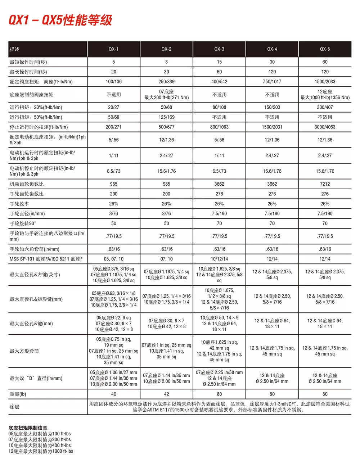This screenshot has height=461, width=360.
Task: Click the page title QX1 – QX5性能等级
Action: pos(60,20)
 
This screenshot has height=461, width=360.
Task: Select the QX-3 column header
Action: pos(219,49)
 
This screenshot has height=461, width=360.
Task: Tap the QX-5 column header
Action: pos(325,49)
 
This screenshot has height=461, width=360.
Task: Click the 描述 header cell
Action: pos(15,49)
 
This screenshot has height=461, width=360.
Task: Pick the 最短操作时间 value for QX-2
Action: pos(166,62)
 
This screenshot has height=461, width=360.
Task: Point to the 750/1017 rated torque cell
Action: pos(272,82)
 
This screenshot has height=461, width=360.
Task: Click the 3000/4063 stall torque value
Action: pos(325,127)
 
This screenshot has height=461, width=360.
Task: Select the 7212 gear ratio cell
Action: pos(325,184)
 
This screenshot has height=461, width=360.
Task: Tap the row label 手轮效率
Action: pos(19,204)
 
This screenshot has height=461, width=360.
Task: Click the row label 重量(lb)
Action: pos(18,394)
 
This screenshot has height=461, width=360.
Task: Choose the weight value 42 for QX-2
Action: pos(166,394)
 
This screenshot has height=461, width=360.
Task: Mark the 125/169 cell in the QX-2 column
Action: pos(166,117)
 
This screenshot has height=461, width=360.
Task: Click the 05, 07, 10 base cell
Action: pos(114,259)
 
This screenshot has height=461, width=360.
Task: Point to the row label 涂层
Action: pos(15,407)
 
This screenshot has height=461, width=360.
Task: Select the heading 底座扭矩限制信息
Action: pos(28,428)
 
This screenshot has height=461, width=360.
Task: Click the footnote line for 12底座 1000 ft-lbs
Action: pos(41,451)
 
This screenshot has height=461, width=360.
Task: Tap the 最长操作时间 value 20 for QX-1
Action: pos(114,72)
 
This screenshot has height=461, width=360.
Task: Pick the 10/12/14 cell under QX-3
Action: pos(219,259)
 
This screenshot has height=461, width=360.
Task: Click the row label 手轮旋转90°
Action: pos(23,223)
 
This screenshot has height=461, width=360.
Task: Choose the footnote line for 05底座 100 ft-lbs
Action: pos(40,434)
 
